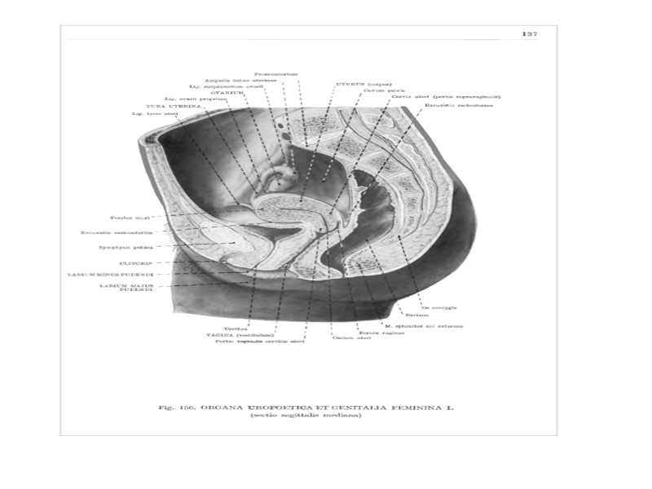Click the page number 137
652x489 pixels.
(x=529, y=33)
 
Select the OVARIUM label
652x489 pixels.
(x=227, y=93)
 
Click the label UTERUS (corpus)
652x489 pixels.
(x=359, y=83)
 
